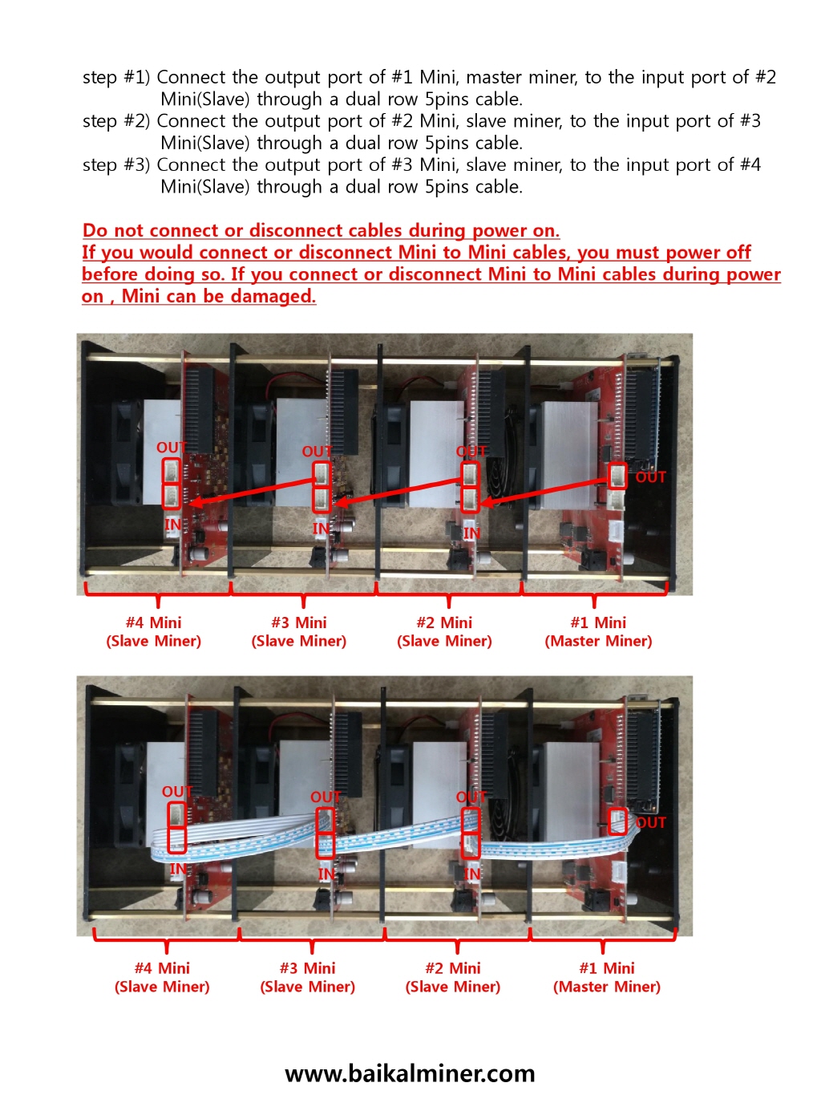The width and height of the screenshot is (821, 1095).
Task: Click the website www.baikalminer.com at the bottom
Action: click(x=410, y=1073)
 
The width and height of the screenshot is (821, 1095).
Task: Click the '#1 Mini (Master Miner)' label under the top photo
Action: click(x=598, y=631)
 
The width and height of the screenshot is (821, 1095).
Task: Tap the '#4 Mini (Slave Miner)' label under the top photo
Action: click(x=153, y=631)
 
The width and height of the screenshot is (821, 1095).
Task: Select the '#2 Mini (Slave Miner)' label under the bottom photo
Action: click(x=452, y=977)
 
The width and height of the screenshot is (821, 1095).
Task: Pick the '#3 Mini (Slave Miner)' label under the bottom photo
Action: click(x=307, y=977)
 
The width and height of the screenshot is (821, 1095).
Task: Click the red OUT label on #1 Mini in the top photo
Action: click(x=650, y=477)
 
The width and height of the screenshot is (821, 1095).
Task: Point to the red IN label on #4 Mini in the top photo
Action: click(x=172, y=525)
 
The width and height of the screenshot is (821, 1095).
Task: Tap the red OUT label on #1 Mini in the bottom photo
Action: click(x=650, y=822)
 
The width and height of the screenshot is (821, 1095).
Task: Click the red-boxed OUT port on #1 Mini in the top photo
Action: click(x=617, y=476)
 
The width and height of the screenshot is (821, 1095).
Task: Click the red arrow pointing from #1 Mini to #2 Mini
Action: click(x=545, y=491)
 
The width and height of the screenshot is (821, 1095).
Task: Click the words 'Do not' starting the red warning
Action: click(x=112, y=231)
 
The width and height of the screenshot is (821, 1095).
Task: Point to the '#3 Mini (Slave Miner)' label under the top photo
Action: click(x=298, y=631)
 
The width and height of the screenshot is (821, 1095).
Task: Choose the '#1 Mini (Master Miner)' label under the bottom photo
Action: click(x=606, y=977)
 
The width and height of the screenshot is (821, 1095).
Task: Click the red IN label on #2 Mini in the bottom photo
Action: click(x=472, y=874)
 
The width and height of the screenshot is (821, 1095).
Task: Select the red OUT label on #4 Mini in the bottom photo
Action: click(x=176, y=793)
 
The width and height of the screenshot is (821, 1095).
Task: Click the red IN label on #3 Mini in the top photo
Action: click(x=321, y=528)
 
